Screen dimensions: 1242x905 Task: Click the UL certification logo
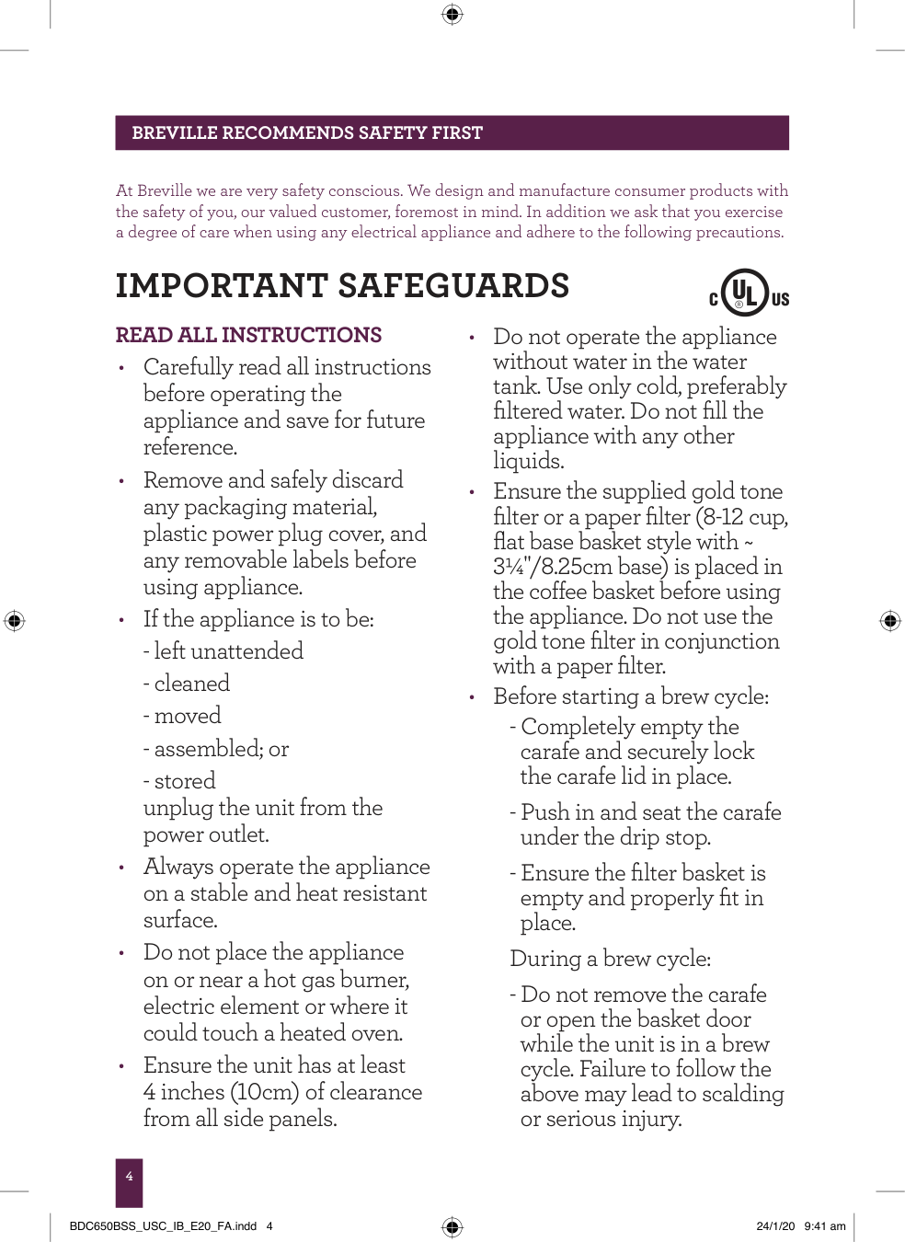(748, 293)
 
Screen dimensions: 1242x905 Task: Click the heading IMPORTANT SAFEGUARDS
(342, 286)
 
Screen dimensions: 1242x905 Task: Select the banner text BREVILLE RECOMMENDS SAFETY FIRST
(307, 133)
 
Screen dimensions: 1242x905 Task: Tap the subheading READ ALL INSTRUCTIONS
(248, 335)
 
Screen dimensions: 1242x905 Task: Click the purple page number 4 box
(129, 1181)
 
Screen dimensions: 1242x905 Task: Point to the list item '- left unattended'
(223, 651)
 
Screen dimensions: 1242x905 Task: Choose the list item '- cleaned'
(187, 684)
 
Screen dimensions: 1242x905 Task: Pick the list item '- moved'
(182, 716)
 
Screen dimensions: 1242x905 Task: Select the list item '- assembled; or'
(216, 749)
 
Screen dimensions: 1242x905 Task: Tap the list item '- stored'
(179, 781)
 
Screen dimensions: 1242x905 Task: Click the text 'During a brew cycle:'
(610, 959)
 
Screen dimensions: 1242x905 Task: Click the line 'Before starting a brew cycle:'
(631, 696)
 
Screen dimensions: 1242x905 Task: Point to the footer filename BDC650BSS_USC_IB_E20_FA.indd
(163, 1225)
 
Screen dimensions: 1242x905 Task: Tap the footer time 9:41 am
(824, 1225)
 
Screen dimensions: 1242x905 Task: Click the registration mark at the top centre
(452, 14)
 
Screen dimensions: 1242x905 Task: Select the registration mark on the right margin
(889, 620)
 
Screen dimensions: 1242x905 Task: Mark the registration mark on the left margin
(14, 620)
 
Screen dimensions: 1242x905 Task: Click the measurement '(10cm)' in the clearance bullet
(264, 1092)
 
